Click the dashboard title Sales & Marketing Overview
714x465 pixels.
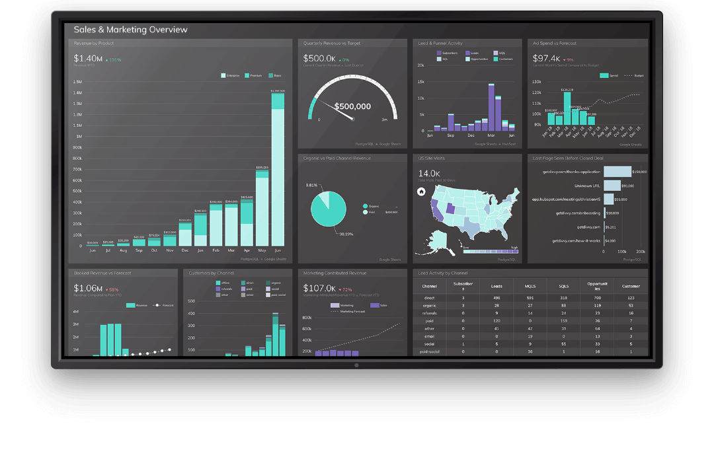(x=130, y=30)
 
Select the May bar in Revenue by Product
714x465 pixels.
(x=262, y=208)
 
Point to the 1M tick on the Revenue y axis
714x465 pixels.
(x=78, y=136)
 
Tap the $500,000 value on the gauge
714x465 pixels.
(x=352, y=106)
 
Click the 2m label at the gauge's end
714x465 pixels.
(x=385, y=120)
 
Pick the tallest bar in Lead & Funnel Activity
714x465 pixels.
(x=491, y=106)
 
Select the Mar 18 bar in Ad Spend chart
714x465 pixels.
(x=567, y=110)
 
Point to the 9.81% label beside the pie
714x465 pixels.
(x=311, y=186)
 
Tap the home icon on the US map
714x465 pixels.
(x=421, y=192)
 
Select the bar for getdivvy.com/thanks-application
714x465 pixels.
(x=617, y=172)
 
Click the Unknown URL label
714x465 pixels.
(x=587, y=186)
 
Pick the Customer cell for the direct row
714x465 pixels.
(x=631, y=298)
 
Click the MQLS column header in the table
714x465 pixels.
(x=530, y=286)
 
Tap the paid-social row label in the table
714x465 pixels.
(x=429, y=351)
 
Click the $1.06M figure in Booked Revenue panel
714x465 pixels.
(x=88, y=289)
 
